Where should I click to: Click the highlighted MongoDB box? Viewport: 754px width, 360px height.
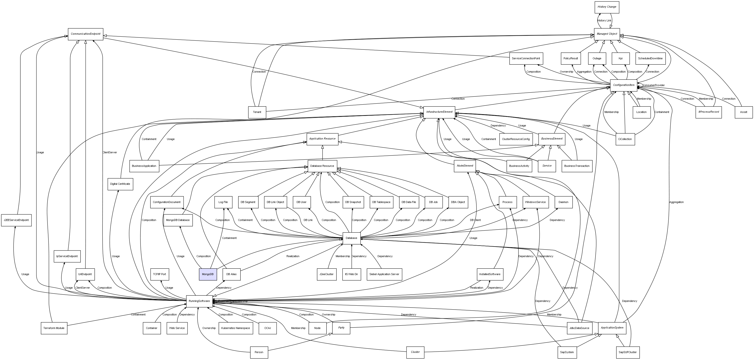[208, 274]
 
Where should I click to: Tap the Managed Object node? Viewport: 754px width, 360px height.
[607, 34]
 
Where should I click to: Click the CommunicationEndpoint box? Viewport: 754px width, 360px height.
[85, 34]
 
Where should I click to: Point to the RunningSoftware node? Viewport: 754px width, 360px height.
[199, 301]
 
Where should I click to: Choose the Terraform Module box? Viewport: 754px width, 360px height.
[54, 328]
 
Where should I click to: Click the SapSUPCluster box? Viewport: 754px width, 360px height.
[628, 352]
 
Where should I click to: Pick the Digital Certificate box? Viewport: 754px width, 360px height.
[120, 184]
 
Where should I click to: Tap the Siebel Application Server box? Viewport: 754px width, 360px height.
[384, 274]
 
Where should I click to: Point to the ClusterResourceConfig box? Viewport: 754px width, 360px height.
[516, 139]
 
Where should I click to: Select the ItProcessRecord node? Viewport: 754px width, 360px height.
[708, 112]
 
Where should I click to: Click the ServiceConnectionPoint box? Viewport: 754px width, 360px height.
[526, 59]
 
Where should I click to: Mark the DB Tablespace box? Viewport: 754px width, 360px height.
[381, 202]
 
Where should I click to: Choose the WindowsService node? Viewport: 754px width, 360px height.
[535, 202]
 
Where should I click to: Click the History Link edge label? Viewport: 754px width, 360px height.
[604, 20]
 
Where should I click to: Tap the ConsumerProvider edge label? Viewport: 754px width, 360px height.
[654, 85]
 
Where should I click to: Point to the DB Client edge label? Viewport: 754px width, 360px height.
[475, 220]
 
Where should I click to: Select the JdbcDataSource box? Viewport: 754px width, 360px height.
[580, 328]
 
